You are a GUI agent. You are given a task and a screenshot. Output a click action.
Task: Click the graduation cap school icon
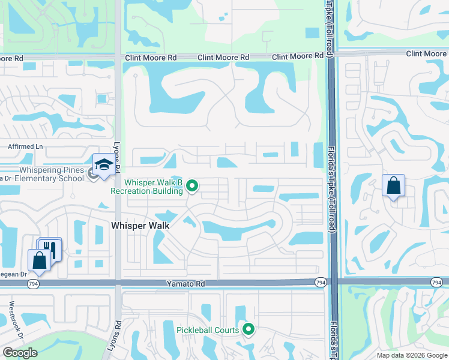click(103, 165)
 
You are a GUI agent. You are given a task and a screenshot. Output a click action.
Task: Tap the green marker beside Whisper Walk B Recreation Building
click(192, 187)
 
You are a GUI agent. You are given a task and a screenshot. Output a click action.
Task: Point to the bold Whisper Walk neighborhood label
click(140, 226)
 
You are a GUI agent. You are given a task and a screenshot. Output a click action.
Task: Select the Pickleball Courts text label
click(208, 330)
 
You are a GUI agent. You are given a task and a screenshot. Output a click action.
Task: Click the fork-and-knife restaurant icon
click(51, 248)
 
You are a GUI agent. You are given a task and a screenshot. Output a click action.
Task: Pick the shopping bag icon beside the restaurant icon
click(38, 260)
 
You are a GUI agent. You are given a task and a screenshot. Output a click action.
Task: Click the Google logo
click(20, 353)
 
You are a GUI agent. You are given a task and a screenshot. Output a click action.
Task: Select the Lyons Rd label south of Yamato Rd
click(119, 331)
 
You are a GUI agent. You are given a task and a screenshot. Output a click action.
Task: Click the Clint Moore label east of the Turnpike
click(426, 54)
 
